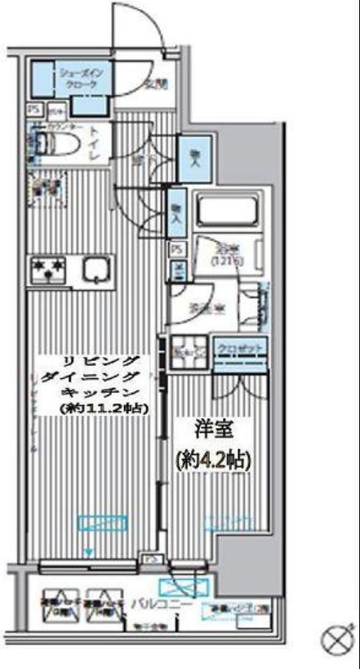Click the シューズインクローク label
point(78,78)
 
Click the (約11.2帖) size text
point(103,408)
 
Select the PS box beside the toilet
point(34,108)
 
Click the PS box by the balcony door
point(152,559)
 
